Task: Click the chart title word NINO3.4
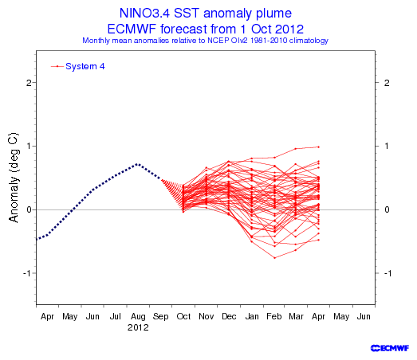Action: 144,13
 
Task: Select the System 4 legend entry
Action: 77,66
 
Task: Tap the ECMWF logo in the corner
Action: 390,348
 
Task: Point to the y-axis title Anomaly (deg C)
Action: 14,177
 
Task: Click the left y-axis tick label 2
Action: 29,83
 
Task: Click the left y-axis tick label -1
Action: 27,273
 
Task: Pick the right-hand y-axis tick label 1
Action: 387,146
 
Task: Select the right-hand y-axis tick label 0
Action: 387,209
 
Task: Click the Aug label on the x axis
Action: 138,317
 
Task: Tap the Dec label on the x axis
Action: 229,316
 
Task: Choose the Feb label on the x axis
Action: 274,316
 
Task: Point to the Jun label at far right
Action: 364,316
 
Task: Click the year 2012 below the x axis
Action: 138,327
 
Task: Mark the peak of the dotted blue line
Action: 137,164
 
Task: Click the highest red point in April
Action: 319,147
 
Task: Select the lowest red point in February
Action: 275,258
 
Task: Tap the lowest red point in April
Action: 319,240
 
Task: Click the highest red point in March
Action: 296,149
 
